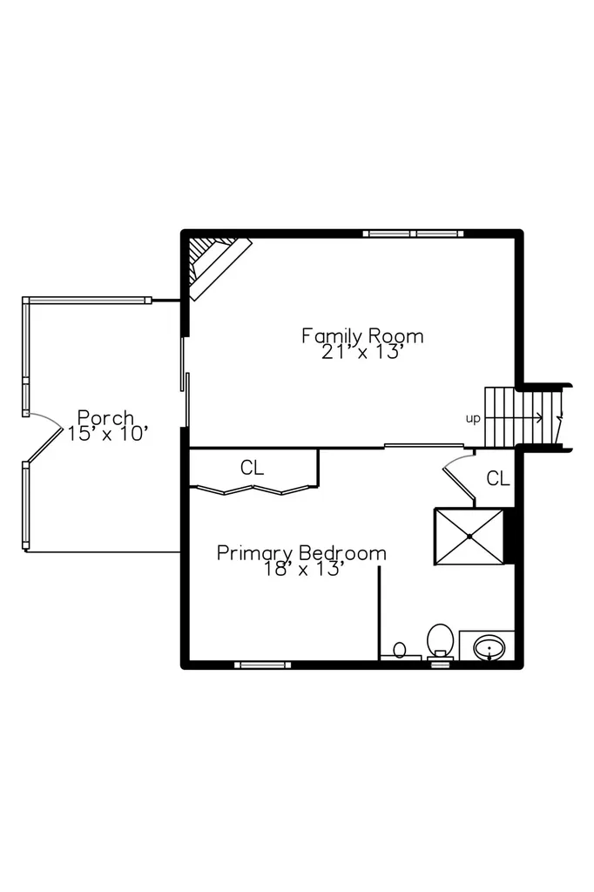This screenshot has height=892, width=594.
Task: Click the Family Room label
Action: point(362,336)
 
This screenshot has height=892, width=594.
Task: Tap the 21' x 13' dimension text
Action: point(362,352)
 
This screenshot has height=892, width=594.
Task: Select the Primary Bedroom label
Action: point(301,553)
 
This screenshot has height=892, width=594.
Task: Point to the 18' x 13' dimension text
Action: point(303,569)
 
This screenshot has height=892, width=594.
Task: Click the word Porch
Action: point(106,417)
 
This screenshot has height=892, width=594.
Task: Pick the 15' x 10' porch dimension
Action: point(108,434)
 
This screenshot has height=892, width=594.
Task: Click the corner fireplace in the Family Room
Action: point(219,267)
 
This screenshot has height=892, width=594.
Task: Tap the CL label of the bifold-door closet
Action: point(252,468)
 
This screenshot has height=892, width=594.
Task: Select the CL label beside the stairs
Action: point(498,479)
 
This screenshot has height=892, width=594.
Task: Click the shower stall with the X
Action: point(469,537)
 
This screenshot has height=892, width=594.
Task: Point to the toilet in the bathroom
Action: point(440,641)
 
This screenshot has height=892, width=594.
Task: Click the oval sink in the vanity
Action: point(489,647)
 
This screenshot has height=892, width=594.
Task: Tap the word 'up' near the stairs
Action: point(473,419)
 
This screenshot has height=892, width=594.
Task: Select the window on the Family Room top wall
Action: point(413,233)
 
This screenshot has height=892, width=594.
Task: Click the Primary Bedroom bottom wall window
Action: point(263,665)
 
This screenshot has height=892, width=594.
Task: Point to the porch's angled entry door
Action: point(45,443)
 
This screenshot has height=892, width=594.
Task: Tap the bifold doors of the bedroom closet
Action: point(253,490)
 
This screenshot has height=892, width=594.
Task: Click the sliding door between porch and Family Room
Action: point(185,382)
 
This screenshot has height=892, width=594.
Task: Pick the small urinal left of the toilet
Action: point(400,650)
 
